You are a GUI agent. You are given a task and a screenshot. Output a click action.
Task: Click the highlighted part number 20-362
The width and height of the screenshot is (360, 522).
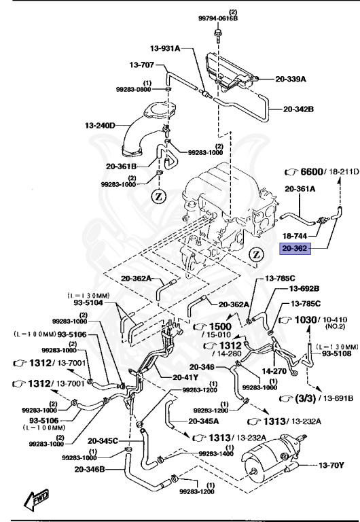[295, 249]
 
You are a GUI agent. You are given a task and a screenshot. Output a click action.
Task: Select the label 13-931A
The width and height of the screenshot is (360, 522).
[165, 48]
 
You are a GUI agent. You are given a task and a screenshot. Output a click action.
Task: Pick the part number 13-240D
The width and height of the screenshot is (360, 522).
[101, 125]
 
